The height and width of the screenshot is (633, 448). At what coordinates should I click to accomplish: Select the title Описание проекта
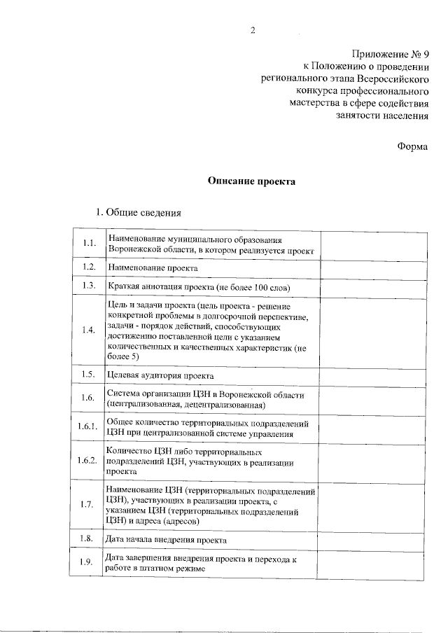[x=252, y=181]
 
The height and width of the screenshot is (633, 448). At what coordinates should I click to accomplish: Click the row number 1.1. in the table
[x=87, y=244]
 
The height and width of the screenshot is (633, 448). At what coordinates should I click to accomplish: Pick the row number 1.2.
[x=87, y=267]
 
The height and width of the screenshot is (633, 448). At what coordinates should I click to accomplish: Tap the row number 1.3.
[x=87, y=286]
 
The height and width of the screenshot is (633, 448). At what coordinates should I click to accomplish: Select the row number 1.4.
[x=87, y=331]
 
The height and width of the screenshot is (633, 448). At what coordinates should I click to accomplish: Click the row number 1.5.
[x=87, y=375]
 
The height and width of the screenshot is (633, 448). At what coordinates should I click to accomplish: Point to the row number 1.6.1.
[x=87, y=426]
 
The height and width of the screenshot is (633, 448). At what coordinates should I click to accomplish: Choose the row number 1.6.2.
[x=87, y=461]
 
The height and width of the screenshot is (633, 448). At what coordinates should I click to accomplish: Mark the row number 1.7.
[x=87, y=505]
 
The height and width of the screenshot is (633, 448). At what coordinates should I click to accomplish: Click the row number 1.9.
[x=87, y=563]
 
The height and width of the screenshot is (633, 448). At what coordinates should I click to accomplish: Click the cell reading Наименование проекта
[x=153, y=268]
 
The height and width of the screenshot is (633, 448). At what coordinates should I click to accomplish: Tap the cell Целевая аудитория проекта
[x=160, y=376]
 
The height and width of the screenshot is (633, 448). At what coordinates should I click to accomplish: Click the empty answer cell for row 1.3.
[x=372, y=286]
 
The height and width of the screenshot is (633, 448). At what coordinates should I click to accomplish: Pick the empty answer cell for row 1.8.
[x=372, y=539]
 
